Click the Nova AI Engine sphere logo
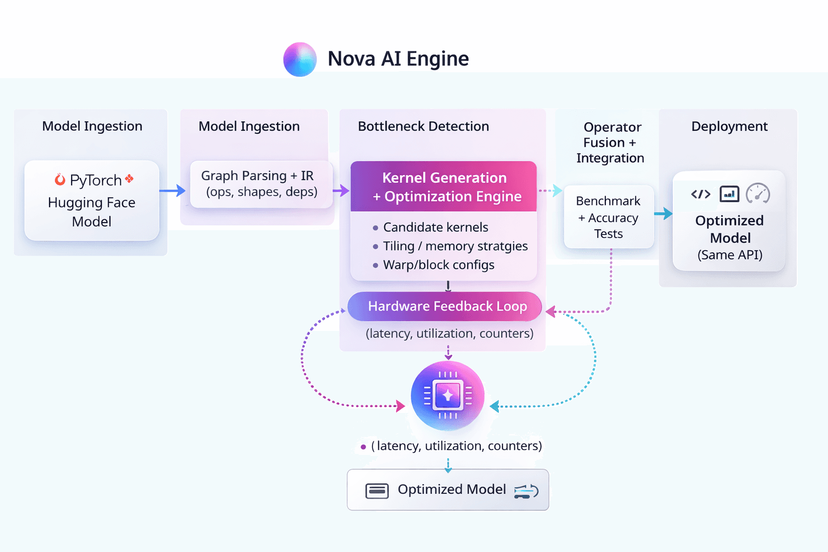point(300,59)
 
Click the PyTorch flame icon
point(60,180)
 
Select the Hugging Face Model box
point(92,201)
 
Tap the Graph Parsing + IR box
point(261,184)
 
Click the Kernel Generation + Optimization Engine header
point(444,187)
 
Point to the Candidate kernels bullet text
point(436,227)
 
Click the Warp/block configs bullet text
point(438,265)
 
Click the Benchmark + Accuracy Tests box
point(609,217)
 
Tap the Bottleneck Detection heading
point(423,127)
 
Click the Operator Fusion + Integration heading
point(611,143)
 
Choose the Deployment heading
point(729,127)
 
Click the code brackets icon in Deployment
point(701,194)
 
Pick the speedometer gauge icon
point(758,194)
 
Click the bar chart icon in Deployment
point(729,194)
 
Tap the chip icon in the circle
point(447,396)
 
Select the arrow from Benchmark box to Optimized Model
point(664,213)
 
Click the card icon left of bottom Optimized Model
point(377,491)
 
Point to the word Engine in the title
point(437,59)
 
